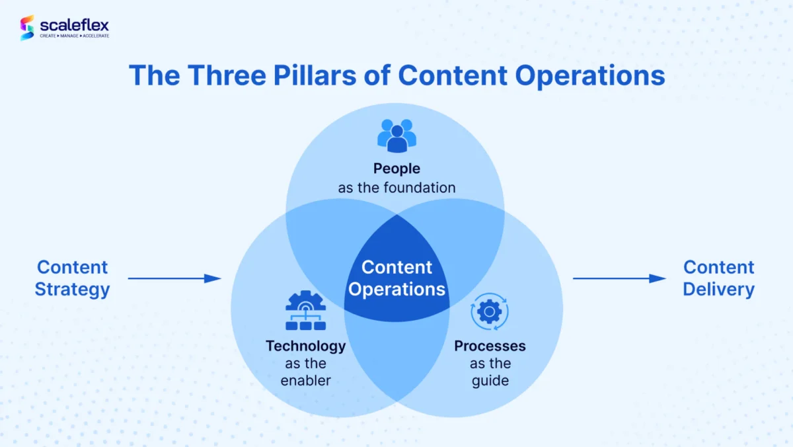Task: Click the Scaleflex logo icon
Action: (27, 28)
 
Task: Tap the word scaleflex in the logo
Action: (74, 24)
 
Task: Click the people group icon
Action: (397, 135)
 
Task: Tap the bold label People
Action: (397, 169)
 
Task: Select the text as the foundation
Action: (397, 188)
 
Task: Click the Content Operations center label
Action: (397, 278)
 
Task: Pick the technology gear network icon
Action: (305, 310)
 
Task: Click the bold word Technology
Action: (305, 346)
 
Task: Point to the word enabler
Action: (305, 381)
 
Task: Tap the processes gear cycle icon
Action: (490, 311)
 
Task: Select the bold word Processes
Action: (490, 346)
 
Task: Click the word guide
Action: (490, 381)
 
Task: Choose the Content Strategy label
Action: (72, 278)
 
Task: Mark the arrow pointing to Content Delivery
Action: (619, 278)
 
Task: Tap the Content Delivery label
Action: (718, 278)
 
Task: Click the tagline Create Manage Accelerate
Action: (74, 36)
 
